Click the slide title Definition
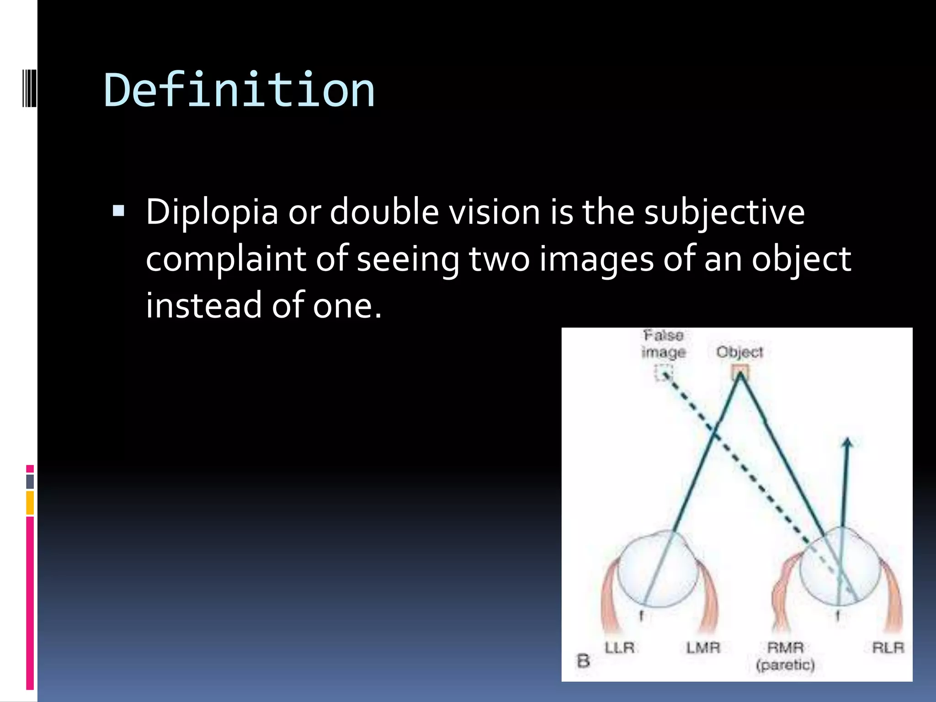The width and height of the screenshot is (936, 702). pyautogui.click(x=239, y=90)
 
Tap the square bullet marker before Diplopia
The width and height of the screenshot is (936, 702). pyautogui.click(x=118, y=211)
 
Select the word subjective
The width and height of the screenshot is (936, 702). pyautogui.click(x=724, y=213)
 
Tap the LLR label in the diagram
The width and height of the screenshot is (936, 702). pyautogui.click(x=619, y=648)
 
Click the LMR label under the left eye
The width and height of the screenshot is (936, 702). pyautogui.click(x=703, y=648)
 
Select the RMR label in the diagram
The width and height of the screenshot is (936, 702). pyautogui.click(x=785, y=648)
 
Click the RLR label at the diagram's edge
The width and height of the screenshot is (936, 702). pyautogui.click(x=888, y=648)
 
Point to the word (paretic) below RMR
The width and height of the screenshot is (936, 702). pyautogui.click(x=785, y=665)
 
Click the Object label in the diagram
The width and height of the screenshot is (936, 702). pyautogui.click(x=739, y=352)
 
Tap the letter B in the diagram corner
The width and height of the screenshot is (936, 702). pyautogui.click(x=583, y=661)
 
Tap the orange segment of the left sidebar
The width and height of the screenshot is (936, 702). pyautogui.click(x=30, y=503)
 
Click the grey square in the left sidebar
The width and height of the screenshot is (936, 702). pyautogui.click(x=30, y=482)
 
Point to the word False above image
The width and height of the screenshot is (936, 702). pyautogui.click(x=663, y=335)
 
